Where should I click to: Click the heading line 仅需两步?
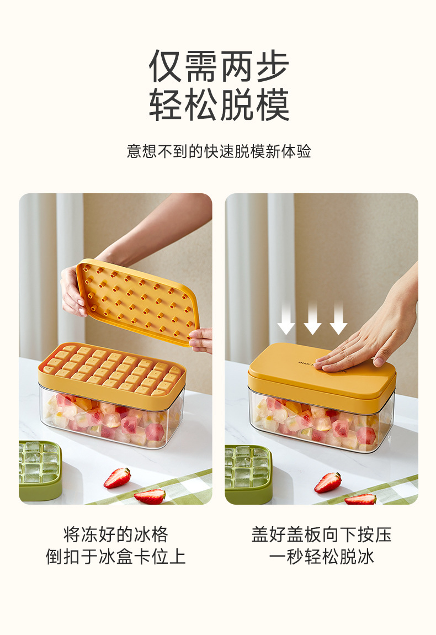(x=219, y=66)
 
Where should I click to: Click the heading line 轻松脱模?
(x=219, y=105)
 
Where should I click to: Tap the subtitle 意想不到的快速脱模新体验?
(x=219, y=151)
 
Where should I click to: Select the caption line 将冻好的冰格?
(x=115, y=535)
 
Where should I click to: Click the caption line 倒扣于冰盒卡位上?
(x=115, y=557)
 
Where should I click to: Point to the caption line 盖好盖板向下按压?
(x=321, y=535)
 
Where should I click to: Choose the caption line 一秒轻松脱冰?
(x=321, y=557)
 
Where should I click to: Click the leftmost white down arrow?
(x=286, y=318)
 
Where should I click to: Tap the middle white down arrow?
(x=312, y=318)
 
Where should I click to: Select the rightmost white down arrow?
(x=338, y=318)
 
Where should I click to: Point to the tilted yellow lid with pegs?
(x=137, y=301)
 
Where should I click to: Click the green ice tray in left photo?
(x=39, y=470)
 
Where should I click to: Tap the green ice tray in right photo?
(x=248, y=474)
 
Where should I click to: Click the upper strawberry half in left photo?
(x=117, y=478)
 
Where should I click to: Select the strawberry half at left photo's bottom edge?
(x=150, y=496)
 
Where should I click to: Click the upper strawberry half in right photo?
(x=327, y=483)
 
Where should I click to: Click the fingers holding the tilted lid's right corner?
(x=200, y=339)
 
